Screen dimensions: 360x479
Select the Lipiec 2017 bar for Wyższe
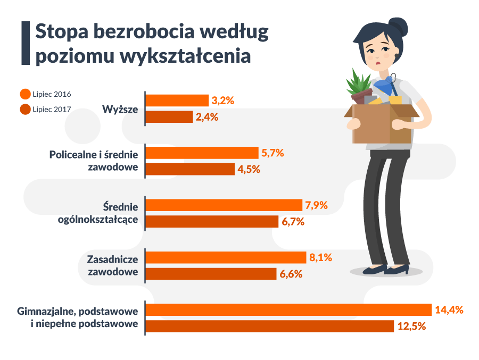[169, 117]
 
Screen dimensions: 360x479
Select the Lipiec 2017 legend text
[51, 110]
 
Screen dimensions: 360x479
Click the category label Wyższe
[120, 109]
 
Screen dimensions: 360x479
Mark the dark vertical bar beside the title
[24, 44]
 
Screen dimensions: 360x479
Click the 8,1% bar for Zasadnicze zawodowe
[226, 257]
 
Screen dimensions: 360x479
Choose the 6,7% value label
[293, 222]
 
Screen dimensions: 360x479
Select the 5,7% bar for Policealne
[202, 153]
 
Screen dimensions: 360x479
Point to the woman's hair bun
[398, 25]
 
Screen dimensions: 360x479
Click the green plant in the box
[359, 83]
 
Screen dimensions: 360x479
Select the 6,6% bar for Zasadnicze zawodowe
[211, 274]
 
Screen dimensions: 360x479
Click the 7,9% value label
[316, 205]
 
